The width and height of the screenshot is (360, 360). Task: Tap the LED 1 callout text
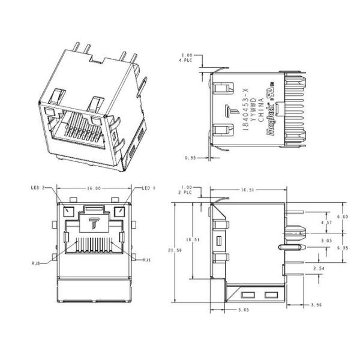[148, 188]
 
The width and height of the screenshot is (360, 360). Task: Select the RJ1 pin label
[147, 260]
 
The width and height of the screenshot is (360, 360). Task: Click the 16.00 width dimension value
[94, 188]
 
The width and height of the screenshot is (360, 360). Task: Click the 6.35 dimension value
[343, 247]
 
